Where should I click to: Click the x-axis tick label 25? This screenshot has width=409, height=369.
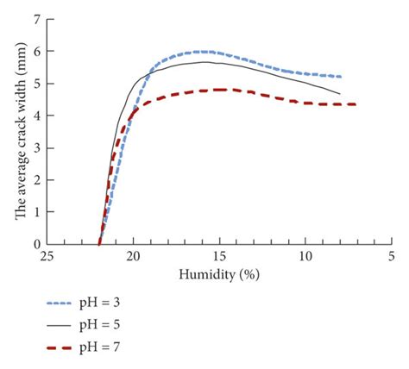(47, 258)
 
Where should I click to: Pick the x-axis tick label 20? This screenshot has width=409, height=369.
(133, 258)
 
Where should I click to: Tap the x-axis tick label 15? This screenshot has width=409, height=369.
(219, 258)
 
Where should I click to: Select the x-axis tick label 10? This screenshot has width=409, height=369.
(305, 258)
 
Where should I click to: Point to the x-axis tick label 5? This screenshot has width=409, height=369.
(391, 258)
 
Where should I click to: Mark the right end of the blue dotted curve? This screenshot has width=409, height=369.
(340, 77)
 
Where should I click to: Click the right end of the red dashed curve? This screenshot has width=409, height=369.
(356, 104)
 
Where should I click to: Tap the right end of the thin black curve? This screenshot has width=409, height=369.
(340, 94)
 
